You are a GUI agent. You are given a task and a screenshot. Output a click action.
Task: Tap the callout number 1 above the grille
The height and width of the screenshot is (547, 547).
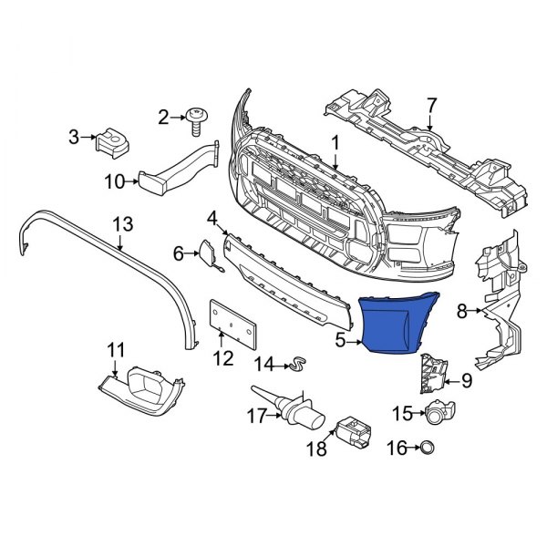coord(335,142)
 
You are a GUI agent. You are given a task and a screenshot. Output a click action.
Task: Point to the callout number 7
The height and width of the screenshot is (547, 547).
coord(431,105)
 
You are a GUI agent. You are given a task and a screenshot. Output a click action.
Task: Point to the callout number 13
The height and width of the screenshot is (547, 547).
coord(122,223)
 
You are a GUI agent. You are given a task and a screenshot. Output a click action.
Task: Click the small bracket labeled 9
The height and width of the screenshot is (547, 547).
coord(432,374)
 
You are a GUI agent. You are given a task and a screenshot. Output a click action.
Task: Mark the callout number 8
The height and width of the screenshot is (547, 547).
coord(462,312)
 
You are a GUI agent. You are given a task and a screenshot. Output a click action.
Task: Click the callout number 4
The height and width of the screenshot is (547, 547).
coord(212,218)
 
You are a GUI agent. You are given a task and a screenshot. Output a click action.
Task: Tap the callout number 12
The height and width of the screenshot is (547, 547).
coord(223,359)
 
